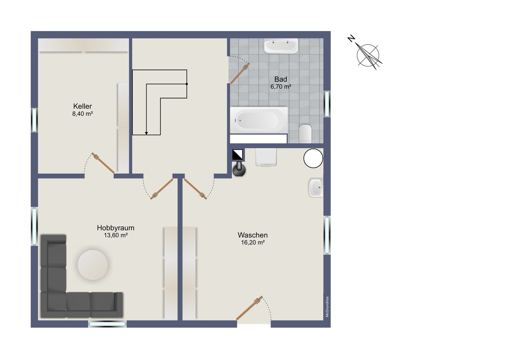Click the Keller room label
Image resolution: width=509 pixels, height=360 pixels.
tap(82, 106)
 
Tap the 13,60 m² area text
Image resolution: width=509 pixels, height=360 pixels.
tap(116, 235)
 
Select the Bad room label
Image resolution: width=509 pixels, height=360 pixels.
tap(281, 79)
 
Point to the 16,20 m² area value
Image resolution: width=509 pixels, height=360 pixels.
tap(253, 243)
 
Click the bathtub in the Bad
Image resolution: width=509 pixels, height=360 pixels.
tap(259, 120)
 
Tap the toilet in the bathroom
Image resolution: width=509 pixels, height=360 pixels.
tap(305, 134)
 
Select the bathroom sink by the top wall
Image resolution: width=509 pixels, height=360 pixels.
tap(281, 46)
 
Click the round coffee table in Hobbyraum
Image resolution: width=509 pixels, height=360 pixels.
tap(93, 265)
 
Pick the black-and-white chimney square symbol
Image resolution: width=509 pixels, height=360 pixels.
tap(238, 154)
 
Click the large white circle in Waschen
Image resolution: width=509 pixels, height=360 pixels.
tap(313, 158)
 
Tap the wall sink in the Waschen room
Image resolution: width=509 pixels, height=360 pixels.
tap(316, 188)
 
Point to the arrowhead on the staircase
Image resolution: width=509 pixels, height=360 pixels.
tap(146, 133)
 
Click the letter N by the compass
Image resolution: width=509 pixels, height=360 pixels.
tap(351, 39)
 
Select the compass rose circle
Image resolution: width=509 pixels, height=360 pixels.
tap(368, 55)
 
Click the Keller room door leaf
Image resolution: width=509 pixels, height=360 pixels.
tap(103, 163)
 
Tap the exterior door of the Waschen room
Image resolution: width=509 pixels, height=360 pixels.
tap(249, 308)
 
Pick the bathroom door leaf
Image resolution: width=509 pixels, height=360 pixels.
tap(240, 73)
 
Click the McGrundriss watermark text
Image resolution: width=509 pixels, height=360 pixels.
tap(327, 307)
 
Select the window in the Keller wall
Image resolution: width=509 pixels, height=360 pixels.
tap(34, 120)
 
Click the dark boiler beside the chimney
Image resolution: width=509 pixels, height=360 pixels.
tap(239, 169)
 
